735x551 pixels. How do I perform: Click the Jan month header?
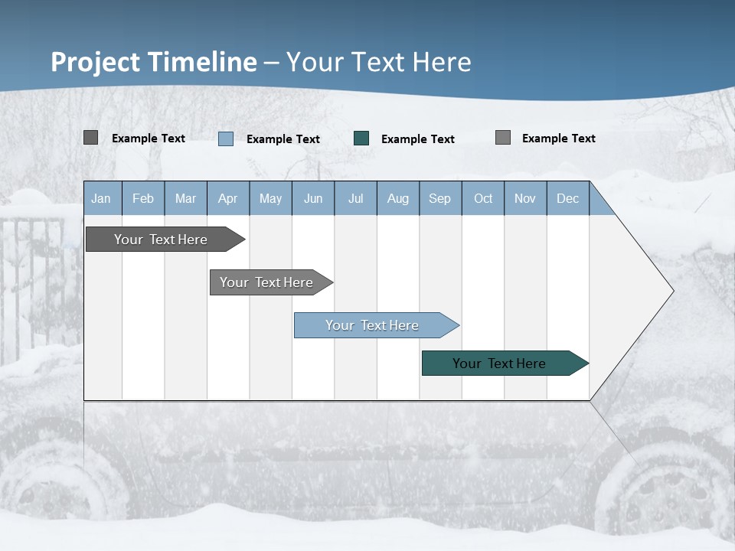tap(102, 198)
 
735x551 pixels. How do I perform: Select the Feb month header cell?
tap(143, 198)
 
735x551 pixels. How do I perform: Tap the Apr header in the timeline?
tap(228, 198)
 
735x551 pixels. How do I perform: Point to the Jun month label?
tap(313, 198)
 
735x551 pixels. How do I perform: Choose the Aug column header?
tap(398, 198)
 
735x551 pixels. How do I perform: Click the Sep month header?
tap(440, 198)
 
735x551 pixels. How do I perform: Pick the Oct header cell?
tap(483, 198)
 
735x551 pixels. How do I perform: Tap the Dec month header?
tap(568, 198)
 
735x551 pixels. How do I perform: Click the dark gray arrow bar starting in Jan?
tap(162, 240)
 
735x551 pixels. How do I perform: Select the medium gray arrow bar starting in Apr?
tap(267, 282)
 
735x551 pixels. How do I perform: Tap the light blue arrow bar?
tap(373, 325)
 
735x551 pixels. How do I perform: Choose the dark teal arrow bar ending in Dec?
tap(500, 364)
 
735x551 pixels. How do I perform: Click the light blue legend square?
tap(226, 139)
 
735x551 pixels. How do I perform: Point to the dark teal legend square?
tap(361, 139)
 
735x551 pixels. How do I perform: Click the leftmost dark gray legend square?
tap(90, 138)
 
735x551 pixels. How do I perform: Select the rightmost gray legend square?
tap(503, 138)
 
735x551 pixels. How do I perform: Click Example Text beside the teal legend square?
tap(418, 139)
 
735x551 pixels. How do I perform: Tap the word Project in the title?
tap(96, 62)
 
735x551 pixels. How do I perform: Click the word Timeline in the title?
tap(202, 62)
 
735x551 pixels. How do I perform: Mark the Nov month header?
tap(525, 198)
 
